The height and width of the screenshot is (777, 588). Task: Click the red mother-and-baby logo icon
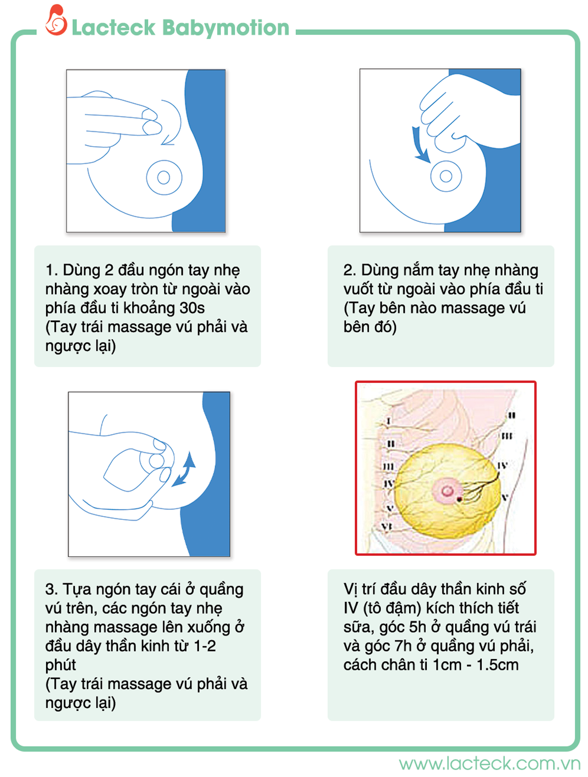pos(56,20)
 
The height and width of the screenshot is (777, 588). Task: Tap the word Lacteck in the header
pos(113,27)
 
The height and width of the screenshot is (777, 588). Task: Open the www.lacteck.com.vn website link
pos(489,763)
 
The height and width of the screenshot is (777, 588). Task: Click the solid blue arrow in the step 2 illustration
pos(420,144)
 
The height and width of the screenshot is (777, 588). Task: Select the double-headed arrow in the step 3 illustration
pos(185,469)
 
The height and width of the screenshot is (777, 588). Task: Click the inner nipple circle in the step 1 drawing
pos(163,177)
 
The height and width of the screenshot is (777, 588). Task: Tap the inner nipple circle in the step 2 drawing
pos(445,176)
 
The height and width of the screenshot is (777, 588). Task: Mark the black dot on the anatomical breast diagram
pos(460,499)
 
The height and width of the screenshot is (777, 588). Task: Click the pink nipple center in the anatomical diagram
pos(447,491)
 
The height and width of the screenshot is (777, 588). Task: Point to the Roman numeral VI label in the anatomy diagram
pos(387,526)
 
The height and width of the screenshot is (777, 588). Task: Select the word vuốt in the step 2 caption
pos(358,289)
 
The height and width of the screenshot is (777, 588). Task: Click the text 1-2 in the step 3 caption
pos(205,646)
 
